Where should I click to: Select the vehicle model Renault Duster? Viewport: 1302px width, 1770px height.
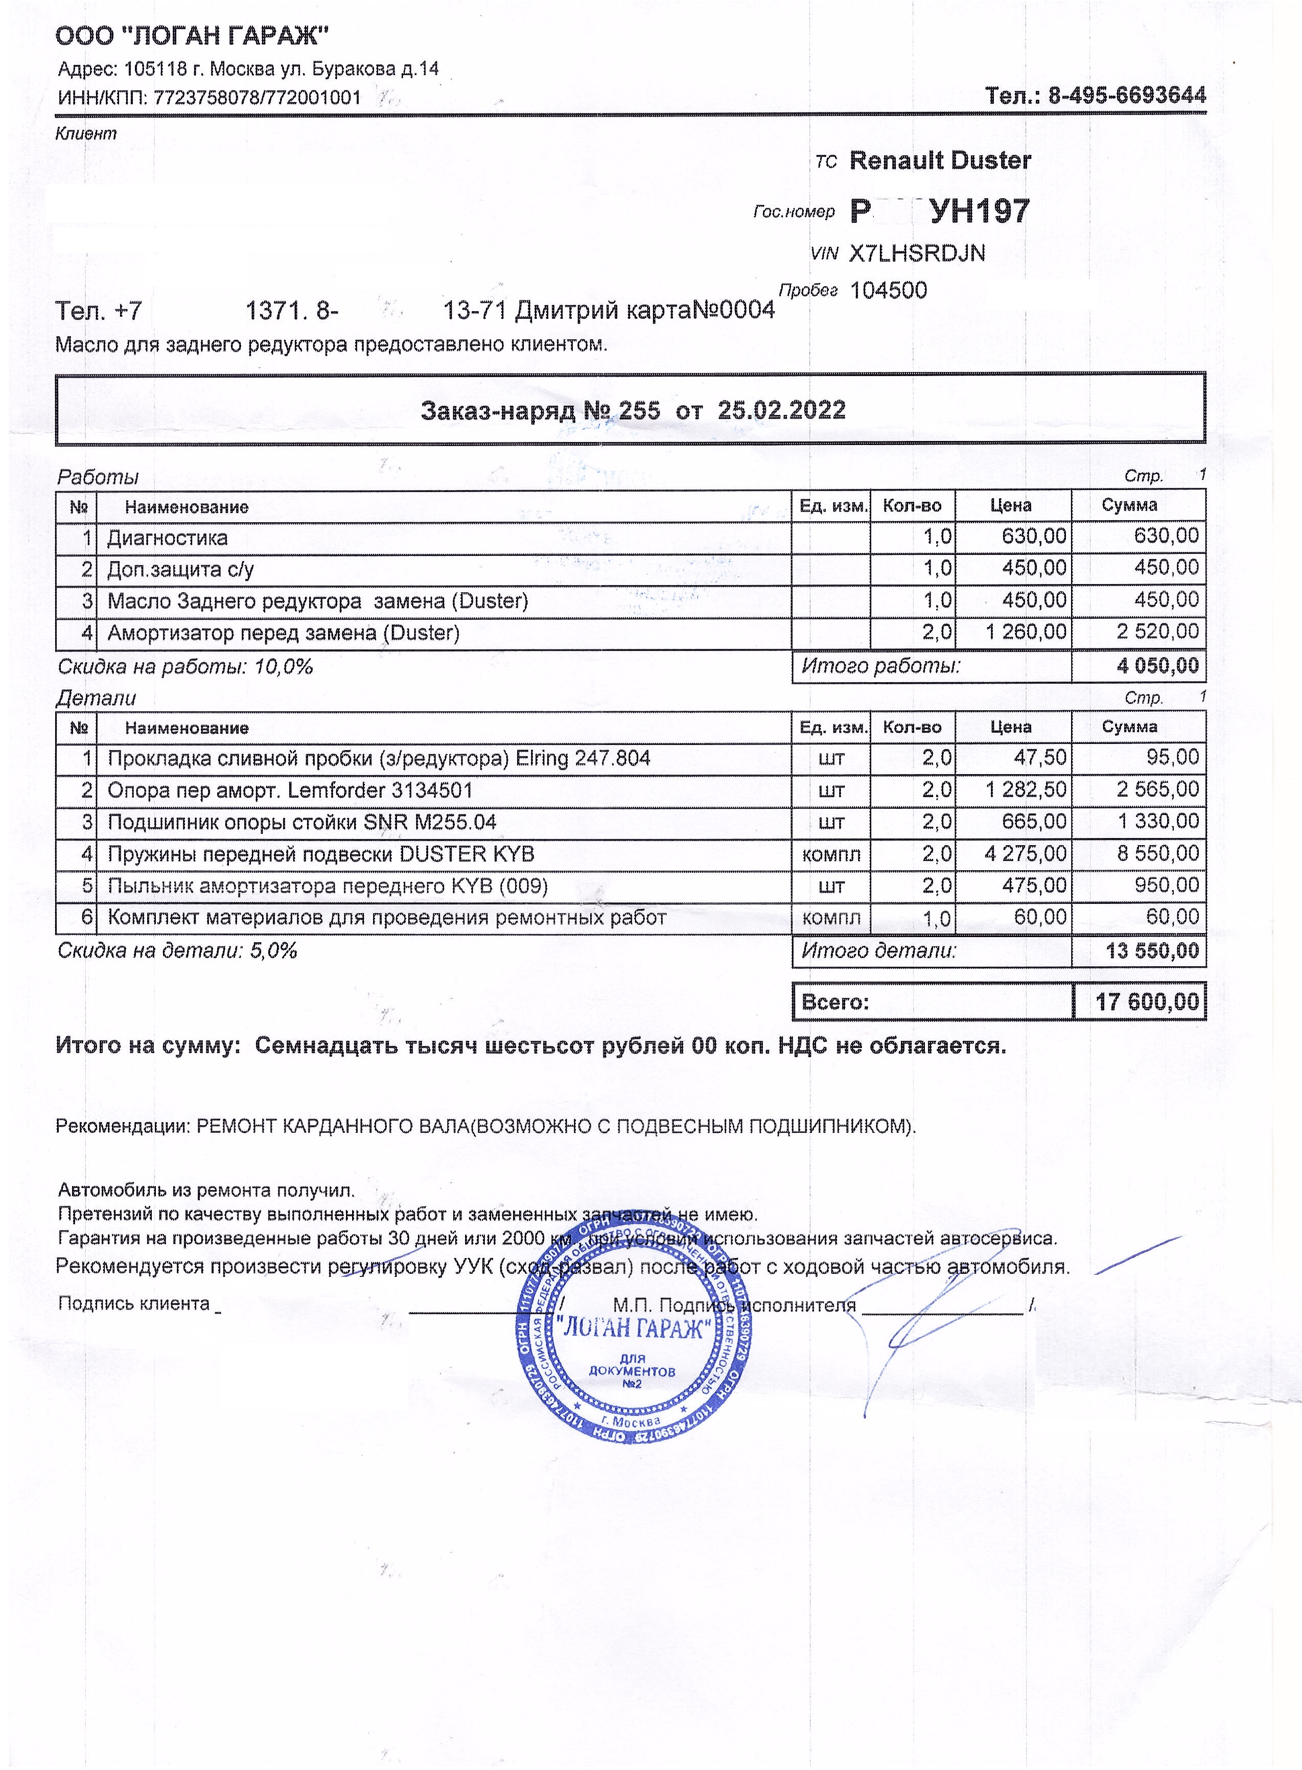click(x=940, y=161)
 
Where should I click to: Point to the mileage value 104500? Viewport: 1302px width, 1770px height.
click(x=888, y=291)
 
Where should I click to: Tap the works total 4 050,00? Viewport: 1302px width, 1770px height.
click(x=1157, y=666)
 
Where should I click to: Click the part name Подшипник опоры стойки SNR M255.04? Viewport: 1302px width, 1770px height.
click(x=302, y=823)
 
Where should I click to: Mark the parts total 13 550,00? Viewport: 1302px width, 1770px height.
click(x=1151, y=950)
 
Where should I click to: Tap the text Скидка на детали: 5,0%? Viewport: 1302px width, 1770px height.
click(x=177, y=950)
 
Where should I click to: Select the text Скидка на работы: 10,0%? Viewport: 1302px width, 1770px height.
click(x=185, y=667)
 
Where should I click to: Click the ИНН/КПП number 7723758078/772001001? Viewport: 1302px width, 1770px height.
click(x=257, y=98)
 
